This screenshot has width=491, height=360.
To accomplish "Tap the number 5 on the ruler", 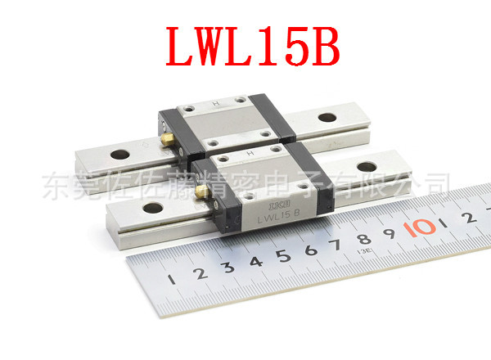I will [283, 254].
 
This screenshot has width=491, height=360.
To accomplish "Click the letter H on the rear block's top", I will [214, 104].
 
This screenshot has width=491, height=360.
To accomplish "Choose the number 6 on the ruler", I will [311, 248].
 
